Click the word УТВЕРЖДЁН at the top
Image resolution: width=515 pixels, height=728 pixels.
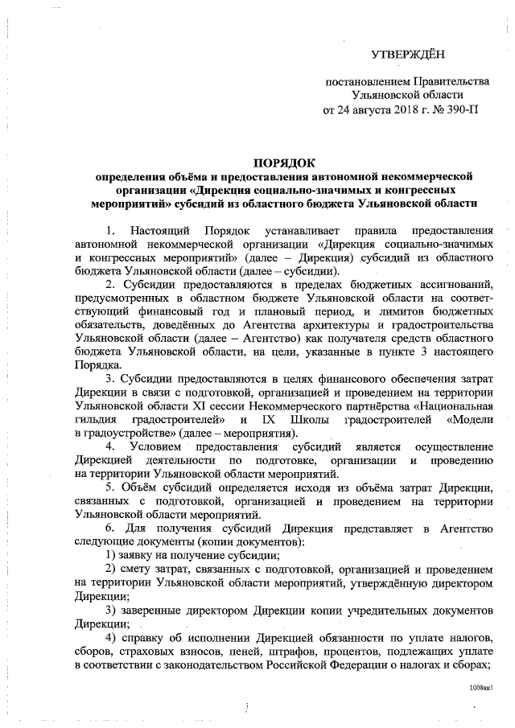point(407,54)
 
